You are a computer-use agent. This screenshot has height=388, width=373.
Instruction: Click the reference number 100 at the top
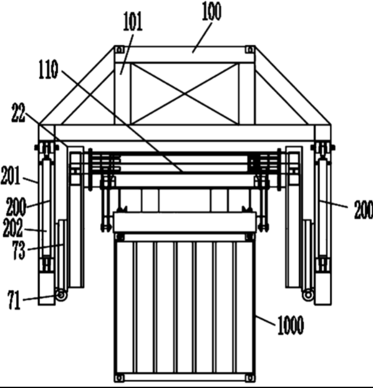coord(212,11)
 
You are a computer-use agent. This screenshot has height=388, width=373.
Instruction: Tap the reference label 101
coord(133,22)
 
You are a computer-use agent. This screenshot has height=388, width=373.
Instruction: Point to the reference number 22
coord(19,113)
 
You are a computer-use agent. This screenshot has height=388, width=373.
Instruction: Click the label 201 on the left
coord(11,175)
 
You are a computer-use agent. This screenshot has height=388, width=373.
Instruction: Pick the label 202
coord(13,228)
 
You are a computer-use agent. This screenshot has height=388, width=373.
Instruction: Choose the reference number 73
coord(19,250)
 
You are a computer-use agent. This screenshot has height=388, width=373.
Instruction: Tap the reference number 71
coord(14,300)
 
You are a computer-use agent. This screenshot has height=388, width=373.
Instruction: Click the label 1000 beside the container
coord(291,325)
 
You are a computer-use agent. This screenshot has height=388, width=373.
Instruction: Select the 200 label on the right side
coord(364,210)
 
